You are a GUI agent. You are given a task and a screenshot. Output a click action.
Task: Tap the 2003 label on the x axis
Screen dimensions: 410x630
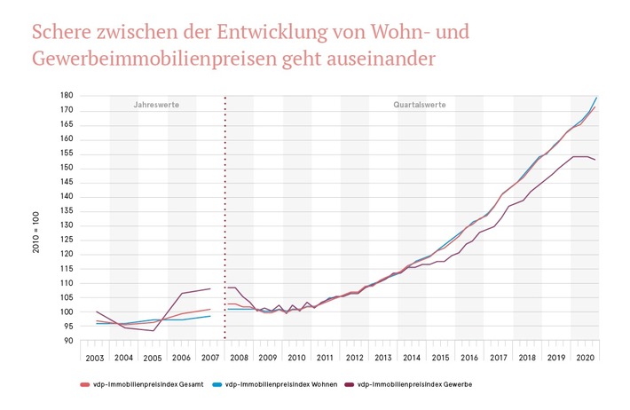point(96,358)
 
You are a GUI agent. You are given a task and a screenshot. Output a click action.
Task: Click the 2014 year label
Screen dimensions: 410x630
point(412,358)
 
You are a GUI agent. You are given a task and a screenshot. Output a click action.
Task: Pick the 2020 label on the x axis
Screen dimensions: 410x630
point(585,358)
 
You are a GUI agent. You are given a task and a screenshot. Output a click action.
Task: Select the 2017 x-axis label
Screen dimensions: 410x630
point(499,358)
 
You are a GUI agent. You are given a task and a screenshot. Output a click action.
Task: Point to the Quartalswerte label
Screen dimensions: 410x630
point(421,105)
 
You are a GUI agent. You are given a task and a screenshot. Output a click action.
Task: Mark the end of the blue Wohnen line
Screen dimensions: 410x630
point(596,97)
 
